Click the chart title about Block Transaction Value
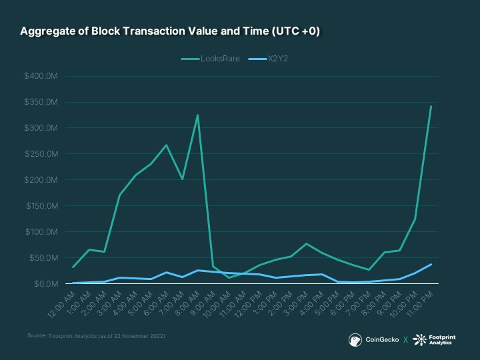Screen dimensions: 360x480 click(170, 31)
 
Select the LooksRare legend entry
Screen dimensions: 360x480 click(211, 59)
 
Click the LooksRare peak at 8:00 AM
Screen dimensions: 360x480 click(197, 115)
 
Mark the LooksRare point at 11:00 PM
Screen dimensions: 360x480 click(431, 106)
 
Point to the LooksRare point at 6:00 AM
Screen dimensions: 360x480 click(166, 145)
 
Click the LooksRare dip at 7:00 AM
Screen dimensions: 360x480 click(182, 179)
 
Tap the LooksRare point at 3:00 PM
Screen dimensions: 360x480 click(306, 244)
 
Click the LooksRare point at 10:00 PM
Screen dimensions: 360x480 click(415, 219)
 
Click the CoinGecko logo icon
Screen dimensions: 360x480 click(355, 340)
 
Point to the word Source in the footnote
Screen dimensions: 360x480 click(36, 336)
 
